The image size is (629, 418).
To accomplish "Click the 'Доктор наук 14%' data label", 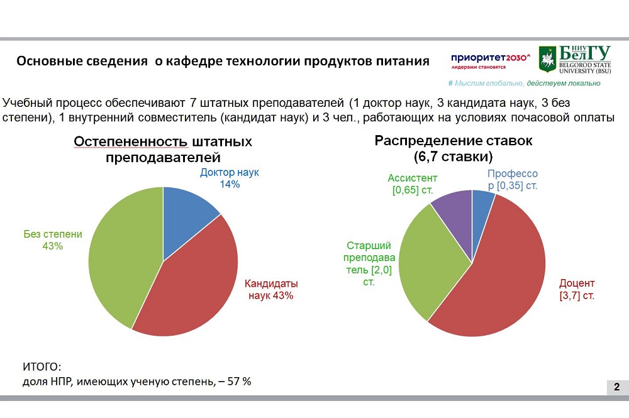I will click(x=229, y=178).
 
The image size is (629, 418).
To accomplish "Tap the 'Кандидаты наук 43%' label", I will click(x=270, y=289).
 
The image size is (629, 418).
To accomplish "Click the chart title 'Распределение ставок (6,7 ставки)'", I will click(x=453, y=148).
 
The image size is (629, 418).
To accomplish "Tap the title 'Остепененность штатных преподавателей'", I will click(x=163, y=150).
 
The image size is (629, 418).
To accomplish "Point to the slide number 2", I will click(x=616, y=387).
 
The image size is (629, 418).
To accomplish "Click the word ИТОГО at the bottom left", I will click(x=42, y=366).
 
